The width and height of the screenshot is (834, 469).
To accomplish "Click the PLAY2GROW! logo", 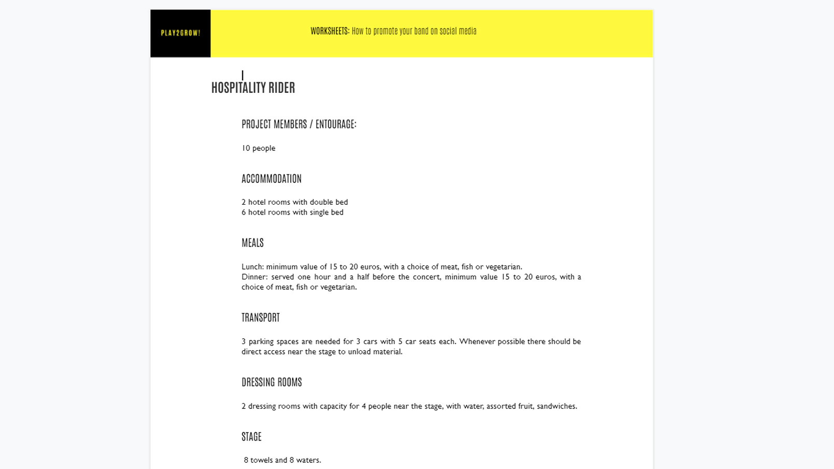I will [x=180, y=33].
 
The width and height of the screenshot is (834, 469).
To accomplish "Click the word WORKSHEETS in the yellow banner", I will [x=330, y=31].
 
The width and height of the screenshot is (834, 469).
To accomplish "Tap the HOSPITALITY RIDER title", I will [x=253, y=88].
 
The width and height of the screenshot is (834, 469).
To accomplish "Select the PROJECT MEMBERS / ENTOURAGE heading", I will [x=299, y=124].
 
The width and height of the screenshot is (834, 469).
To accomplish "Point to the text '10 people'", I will [x=258, y=148].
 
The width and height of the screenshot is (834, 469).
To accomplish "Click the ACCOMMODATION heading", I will [x=271, y=179].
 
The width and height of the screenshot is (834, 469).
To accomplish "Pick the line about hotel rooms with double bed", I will [x=294, y=202].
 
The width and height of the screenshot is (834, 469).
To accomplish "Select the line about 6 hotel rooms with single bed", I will [x=292, y=212].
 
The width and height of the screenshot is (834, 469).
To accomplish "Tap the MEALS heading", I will [x=252, y=243].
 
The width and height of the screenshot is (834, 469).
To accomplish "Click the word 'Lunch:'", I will [x=252, y=267].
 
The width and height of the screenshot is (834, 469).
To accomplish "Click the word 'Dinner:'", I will [x=254, y=277].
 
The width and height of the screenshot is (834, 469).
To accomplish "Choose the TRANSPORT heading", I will [x=260, y=318].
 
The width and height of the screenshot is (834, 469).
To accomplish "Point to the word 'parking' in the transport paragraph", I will [x=261, y=342].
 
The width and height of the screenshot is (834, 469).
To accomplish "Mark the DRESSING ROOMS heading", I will [x=272, y=382].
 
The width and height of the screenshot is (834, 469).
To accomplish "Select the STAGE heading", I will [x=251, y=437].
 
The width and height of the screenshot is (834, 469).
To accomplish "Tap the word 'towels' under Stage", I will [x=261, y=460].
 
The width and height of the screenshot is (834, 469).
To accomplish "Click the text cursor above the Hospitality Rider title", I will [x=243, y=76].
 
